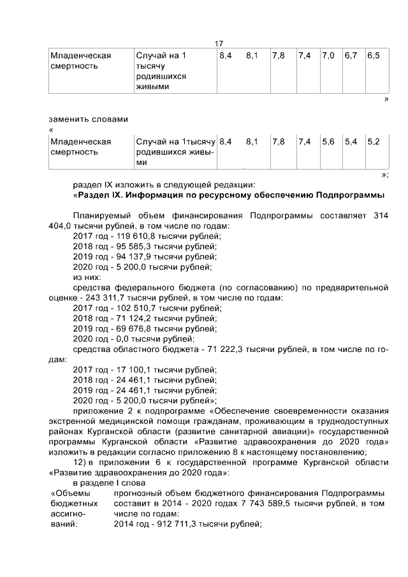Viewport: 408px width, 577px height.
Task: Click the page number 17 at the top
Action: click(219, 43)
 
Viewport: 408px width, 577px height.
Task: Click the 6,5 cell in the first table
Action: click(374, 55)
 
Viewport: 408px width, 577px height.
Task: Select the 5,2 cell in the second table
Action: click(374, 142)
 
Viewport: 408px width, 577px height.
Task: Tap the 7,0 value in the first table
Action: click(328, 55)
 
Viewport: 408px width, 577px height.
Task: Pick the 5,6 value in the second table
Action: click(328, 142)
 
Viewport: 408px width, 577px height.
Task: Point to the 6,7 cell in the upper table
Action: click(351, 55)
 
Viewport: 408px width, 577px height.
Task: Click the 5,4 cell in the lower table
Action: click(351, 142)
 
